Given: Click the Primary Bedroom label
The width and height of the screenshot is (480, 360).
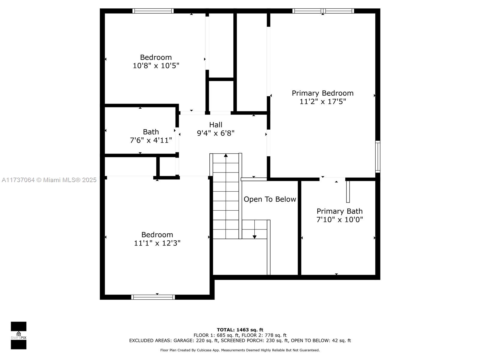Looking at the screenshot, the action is coord(322,93).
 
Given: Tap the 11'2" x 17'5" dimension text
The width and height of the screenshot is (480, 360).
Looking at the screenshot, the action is coord(322,102).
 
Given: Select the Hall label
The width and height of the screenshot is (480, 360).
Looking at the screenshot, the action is coord(216,125).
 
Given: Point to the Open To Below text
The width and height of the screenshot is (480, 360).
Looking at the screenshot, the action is coord(270,199).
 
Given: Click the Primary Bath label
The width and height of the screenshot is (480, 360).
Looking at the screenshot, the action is coord(340,211).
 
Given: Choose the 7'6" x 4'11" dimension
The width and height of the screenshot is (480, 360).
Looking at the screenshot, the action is coord(151,140).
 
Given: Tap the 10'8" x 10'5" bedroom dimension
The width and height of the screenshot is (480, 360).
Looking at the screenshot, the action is coord(156,66).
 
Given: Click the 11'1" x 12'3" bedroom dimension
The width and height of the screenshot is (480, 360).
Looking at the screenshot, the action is coord(157,243).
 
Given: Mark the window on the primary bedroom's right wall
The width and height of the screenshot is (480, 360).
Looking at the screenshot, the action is coord(378,157).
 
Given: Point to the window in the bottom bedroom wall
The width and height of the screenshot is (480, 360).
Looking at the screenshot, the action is coord(153,297).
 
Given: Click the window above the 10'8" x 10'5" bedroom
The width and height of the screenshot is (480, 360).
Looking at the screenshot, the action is coord(153,11).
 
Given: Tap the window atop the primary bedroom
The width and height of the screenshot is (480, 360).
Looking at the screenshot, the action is coord(323,11).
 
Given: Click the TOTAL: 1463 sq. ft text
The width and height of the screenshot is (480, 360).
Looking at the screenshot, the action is coord(240,330).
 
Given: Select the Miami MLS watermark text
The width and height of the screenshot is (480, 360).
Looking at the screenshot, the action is coord(49,180).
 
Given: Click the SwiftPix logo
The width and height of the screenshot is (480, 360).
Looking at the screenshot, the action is coord(19,335).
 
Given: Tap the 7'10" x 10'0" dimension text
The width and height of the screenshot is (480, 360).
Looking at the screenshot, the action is coord(340,220).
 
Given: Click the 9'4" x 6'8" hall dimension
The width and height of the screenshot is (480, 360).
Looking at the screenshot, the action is coord(216,133).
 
